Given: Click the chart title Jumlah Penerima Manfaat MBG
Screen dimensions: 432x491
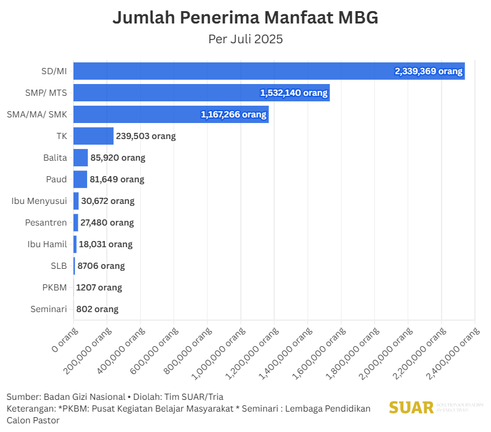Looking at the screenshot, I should (245, 18).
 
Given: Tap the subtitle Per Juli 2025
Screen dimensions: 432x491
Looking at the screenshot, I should (245, 39).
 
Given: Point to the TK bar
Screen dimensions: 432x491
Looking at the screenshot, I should (93, 136).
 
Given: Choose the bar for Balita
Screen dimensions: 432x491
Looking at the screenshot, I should (80, 158).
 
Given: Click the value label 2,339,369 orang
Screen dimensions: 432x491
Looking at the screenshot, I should (429, 71).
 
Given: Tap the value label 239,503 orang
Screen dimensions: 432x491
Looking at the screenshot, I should (146, 136).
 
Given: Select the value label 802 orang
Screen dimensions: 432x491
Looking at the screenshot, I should (97, 309).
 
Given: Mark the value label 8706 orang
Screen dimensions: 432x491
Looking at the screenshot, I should (101, 266).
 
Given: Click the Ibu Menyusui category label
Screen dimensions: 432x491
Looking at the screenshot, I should (39, 201).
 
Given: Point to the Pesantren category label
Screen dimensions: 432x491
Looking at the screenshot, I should (46, 222).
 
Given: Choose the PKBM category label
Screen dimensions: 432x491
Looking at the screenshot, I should (54, 287).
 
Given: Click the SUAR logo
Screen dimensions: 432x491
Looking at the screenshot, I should (411, 407).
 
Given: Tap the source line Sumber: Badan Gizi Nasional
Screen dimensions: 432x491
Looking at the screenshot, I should (65, 396).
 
